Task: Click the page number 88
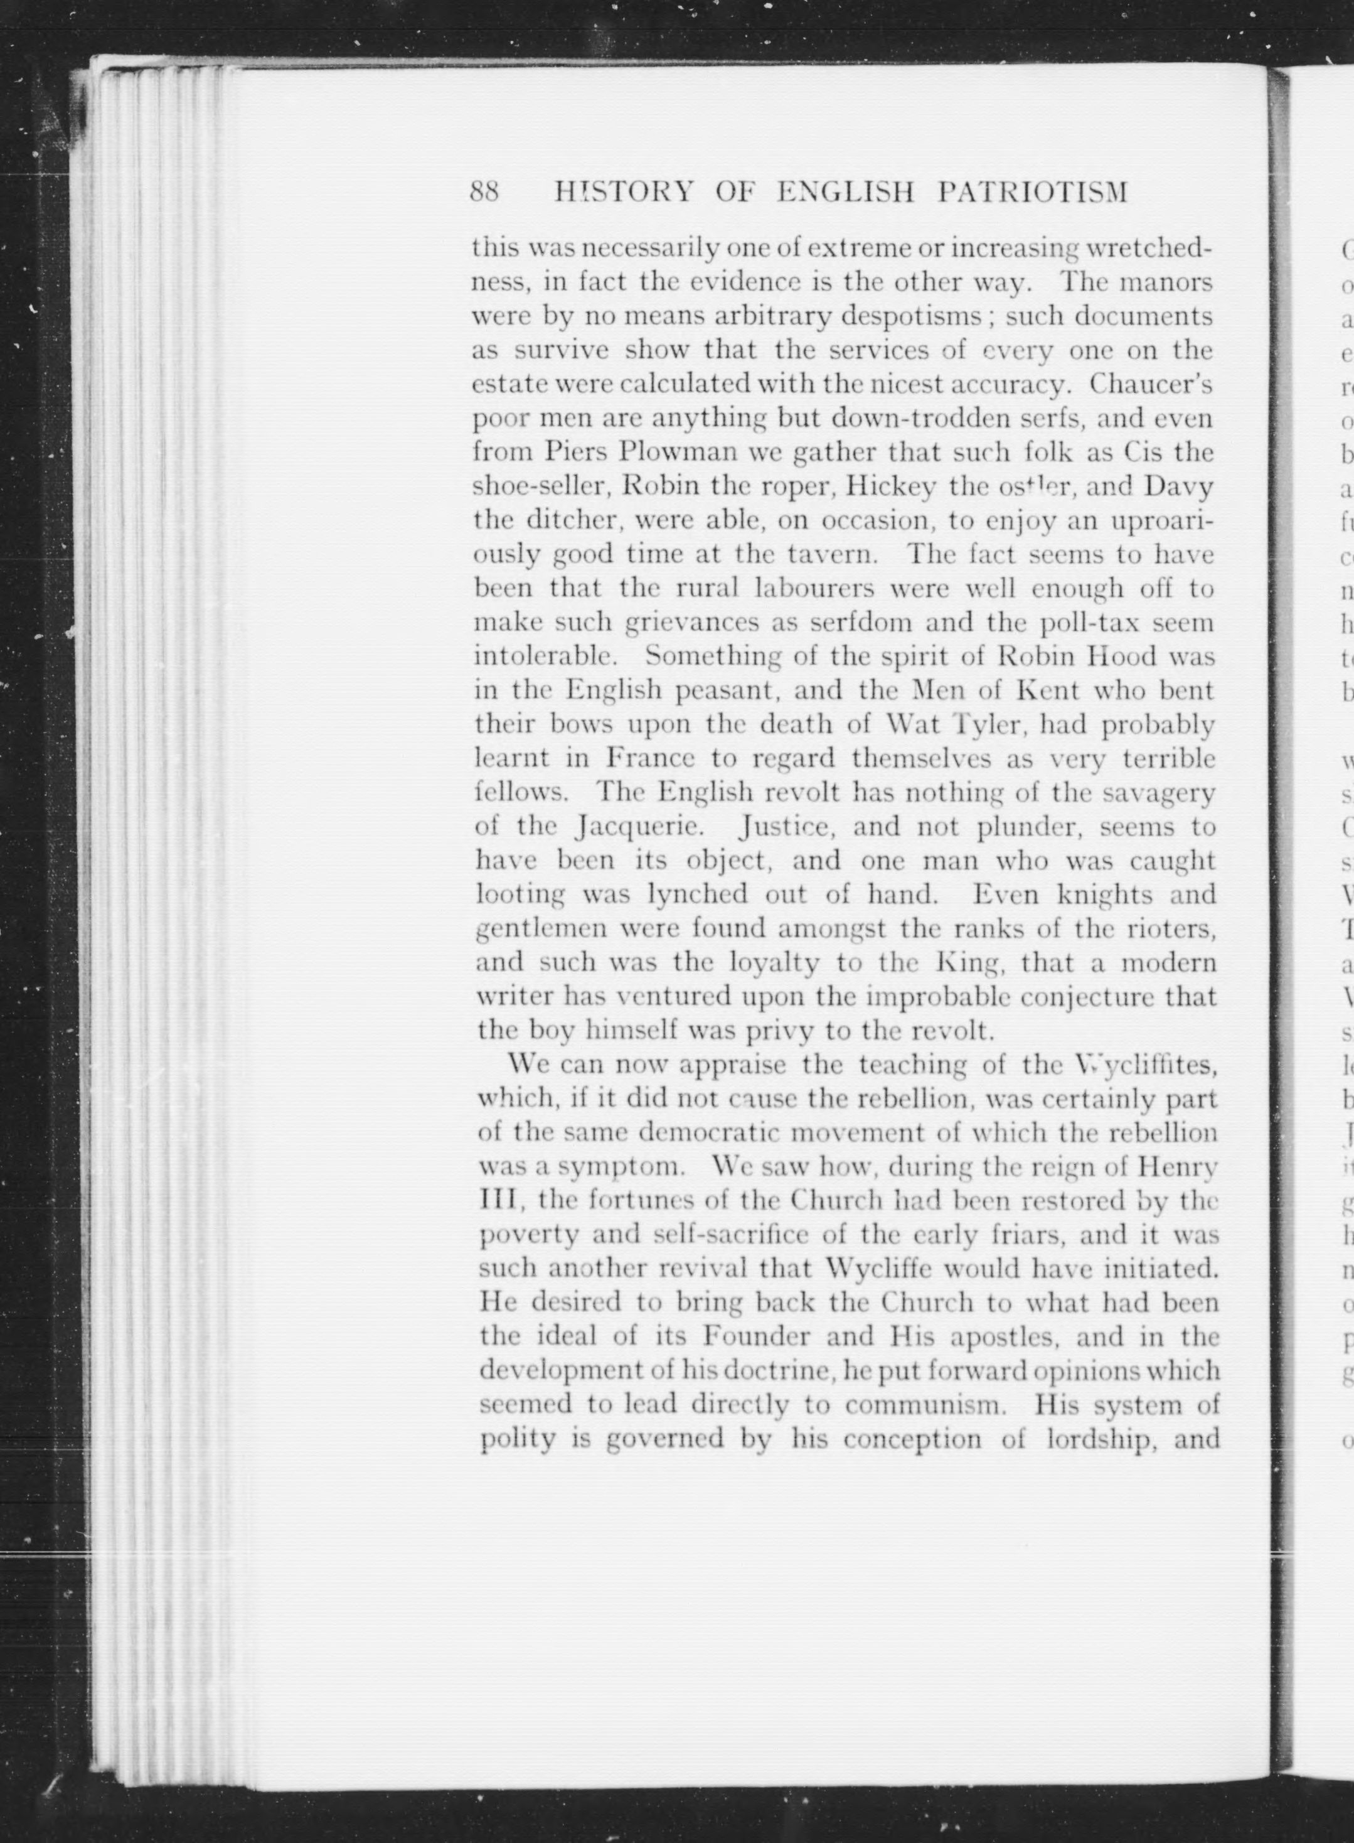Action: click(x=484, y=192)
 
